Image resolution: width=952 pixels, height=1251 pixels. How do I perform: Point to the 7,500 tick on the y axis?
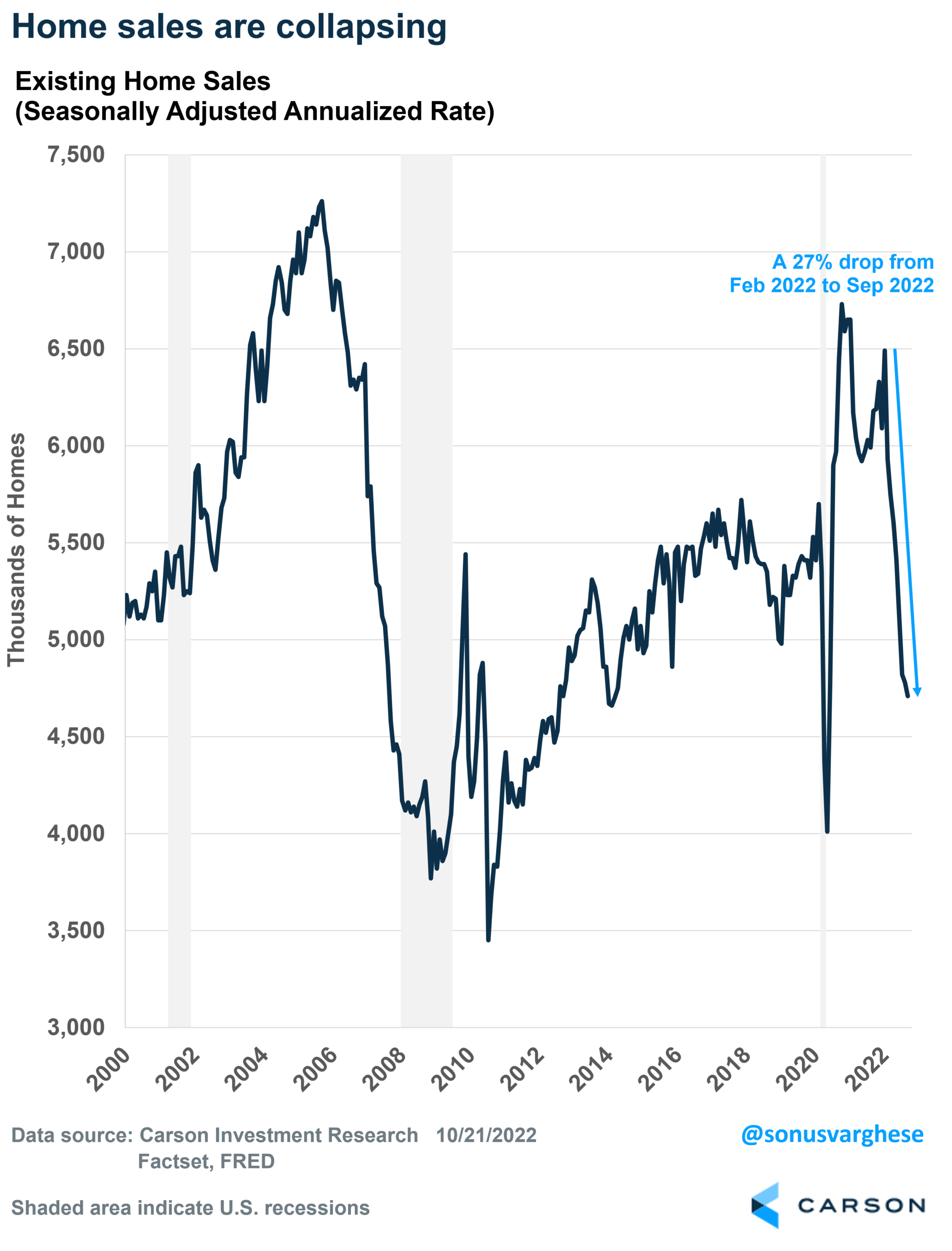click(76, 155)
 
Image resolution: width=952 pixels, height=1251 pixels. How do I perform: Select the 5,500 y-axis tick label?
click(76, 542)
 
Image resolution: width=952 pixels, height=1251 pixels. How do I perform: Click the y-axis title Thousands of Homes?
click(16, 550)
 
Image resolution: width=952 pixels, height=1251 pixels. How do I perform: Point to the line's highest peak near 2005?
click(322, 201)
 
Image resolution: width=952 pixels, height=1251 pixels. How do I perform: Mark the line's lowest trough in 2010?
click(489, 940)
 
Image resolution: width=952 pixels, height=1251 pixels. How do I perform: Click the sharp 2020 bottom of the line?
click(827, 831)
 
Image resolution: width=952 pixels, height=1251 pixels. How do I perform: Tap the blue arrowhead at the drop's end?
click(917, 692)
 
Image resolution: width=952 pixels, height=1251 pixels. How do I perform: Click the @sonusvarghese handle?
click(832, 1134)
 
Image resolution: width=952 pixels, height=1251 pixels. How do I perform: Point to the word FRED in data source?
click(247, 1162)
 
